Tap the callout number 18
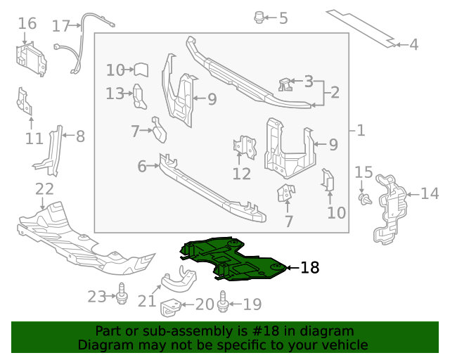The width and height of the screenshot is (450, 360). (x=309, y=268)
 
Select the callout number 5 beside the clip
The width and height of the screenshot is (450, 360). (x=283, y=18)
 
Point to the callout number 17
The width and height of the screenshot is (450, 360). (x=61, y=26)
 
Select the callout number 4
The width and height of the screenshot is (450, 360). (x=413, y=45)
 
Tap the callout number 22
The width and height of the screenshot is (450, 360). (x=44, y=189)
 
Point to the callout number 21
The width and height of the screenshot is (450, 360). (x=146, y=301)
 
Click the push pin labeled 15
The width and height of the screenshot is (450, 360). (x=363, y=200)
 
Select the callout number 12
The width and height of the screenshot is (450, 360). (x=242, y=173)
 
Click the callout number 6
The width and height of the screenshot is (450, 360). (x=142, y=167)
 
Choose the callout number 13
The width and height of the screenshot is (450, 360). (x=115, y=93)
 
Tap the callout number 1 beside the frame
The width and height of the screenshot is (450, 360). (x=361, y=130)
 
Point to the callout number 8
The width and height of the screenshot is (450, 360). (x=80, y=136)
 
